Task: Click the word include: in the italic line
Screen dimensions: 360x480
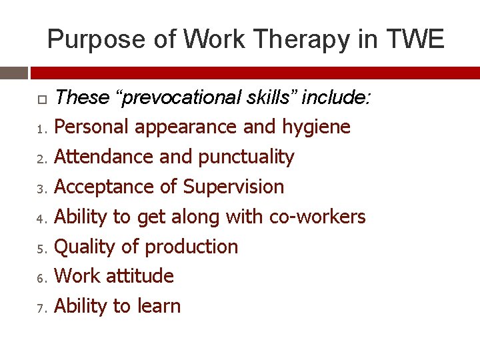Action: click(336, 98)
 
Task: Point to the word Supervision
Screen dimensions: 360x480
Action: click(233, 187)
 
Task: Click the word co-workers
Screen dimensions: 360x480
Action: click(317, 217)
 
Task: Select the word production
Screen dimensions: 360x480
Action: click(191, 247)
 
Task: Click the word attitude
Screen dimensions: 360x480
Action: click(143, 276)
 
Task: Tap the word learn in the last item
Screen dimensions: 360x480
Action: click(158, 306)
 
